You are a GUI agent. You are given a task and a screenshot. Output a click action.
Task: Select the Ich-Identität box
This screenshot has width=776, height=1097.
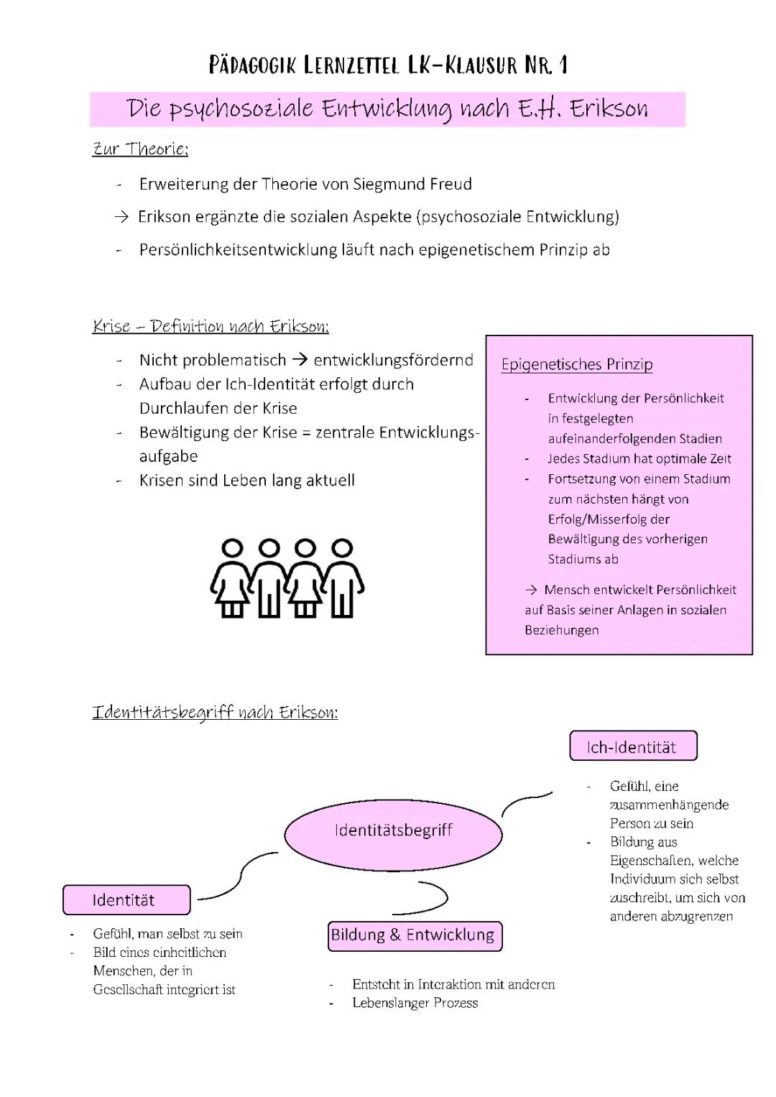point(632,746)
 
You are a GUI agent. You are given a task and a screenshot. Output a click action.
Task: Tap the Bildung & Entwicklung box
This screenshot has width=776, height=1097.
point(414,935)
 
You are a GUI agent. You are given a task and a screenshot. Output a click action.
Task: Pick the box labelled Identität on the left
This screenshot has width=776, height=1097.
point(126,900)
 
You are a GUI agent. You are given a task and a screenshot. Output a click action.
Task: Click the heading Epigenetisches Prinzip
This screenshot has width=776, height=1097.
point(577,364)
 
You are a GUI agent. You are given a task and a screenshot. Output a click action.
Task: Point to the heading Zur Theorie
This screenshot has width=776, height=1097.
point(141,149)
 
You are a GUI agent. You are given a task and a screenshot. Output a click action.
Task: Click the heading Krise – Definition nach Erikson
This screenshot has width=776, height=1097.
point(211,326)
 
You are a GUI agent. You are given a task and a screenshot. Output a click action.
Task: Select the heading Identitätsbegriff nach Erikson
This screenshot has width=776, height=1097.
point(215,712)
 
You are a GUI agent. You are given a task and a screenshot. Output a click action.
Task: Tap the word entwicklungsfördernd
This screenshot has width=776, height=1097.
point(394,360)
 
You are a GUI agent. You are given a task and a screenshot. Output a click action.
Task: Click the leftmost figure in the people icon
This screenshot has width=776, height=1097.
point(231,579)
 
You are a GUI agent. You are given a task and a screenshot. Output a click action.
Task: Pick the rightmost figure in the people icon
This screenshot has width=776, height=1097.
point(343,579)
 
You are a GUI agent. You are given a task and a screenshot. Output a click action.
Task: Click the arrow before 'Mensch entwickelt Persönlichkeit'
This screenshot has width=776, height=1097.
point(531,590)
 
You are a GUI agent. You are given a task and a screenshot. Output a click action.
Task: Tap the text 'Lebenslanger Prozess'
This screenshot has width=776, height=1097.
point(415,1003)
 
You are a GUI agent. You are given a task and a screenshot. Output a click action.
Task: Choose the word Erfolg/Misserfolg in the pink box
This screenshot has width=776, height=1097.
point(609,519)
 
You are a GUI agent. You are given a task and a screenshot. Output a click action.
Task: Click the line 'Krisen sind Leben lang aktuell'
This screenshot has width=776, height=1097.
point(247,480)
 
